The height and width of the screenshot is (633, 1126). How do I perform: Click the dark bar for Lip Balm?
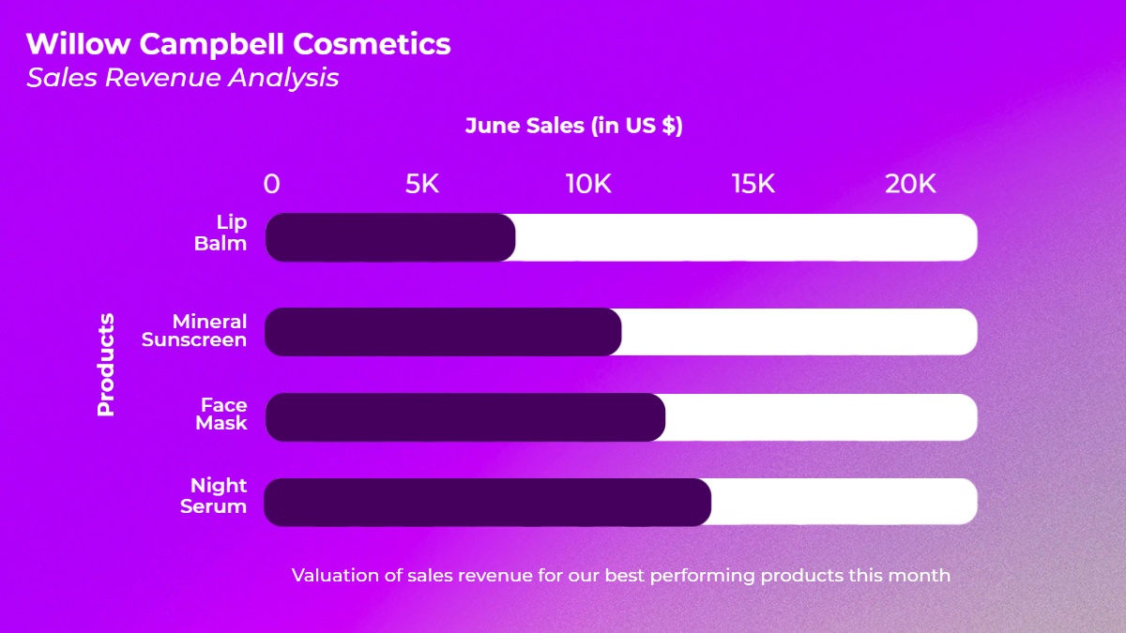pos(390,237)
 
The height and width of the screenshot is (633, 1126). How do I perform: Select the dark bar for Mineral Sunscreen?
pos(443,332)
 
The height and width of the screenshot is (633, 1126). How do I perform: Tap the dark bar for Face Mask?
pos(465,417)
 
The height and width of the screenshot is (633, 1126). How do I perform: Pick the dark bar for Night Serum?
pos(488,503)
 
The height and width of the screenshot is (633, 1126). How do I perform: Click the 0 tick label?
pos(271,184)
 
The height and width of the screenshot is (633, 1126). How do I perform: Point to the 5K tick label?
pos(422,184)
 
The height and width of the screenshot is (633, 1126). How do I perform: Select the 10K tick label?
pos(588,184)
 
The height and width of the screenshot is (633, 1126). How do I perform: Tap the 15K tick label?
pos(753,184)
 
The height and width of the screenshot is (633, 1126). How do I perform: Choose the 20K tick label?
pos(910,184)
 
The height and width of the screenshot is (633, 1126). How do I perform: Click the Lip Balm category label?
pos(221,233)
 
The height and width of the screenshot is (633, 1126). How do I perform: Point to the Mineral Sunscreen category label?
pos(194,330)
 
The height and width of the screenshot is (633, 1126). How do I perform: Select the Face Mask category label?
pos(221,414)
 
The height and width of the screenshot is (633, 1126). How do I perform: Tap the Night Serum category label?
pos(214,496)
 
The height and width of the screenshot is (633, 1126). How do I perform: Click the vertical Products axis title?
pos(105,365)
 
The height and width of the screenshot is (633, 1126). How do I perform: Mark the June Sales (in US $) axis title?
pos(574,126)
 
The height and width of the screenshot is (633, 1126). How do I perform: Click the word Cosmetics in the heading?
pos(372,44)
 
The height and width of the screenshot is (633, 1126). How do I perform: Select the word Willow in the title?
pos(79,44)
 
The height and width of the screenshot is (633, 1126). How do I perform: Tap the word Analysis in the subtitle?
pos(283,78)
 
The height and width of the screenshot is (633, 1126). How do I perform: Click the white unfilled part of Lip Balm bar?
pos(747,237)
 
